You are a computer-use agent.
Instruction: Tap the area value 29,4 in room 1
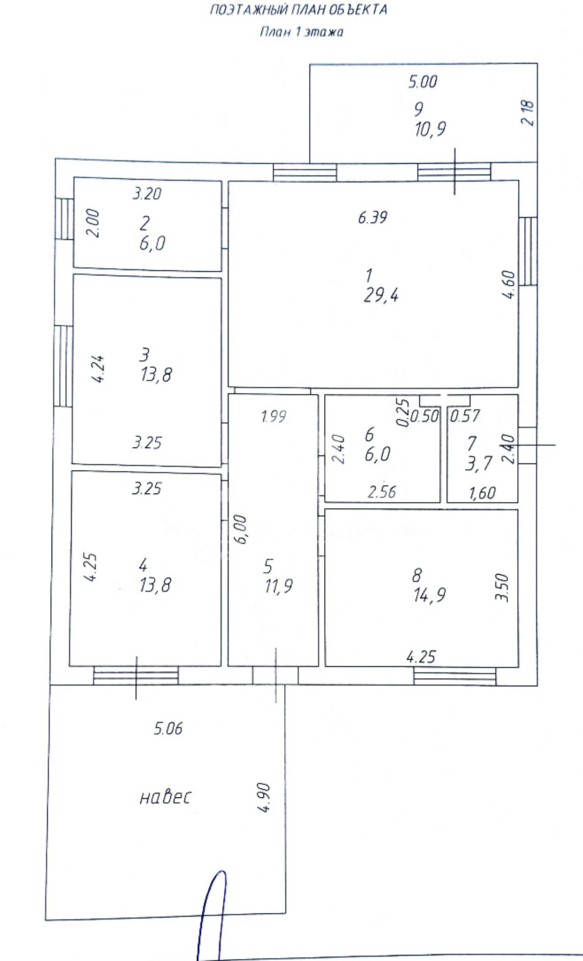381,296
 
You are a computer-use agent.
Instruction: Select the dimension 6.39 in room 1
373,217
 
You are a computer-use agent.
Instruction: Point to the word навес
165,797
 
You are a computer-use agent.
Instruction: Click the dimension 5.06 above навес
168,728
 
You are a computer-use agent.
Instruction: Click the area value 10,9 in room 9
430,130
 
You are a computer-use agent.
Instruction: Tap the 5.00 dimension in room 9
422,81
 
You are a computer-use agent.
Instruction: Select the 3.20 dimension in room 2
147,193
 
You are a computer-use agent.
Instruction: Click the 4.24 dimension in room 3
98,369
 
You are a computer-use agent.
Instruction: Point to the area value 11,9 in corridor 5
279,585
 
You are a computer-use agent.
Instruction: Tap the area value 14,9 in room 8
429,595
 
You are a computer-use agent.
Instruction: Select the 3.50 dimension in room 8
502,588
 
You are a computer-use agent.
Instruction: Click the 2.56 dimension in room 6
382,492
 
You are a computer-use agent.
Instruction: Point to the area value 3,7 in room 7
479,463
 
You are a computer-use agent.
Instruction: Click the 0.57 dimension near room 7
465,415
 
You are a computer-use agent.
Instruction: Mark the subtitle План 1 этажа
301,33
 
